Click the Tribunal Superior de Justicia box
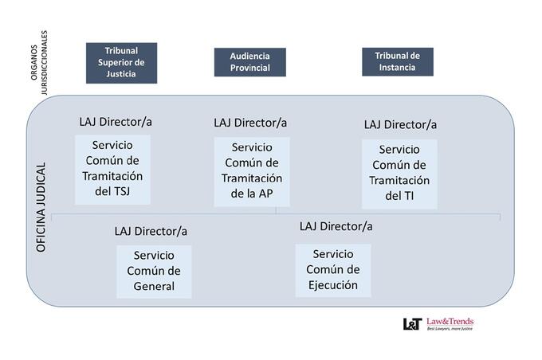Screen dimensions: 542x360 pyautogui.click(x=121, y=63)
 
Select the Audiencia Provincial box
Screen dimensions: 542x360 pyautogui.click(x=250, y=62)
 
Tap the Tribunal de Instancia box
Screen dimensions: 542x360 pyautogui.click(x=398, y=62)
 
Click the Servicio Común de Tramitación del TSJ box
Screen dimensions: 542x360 pyautogui.click(x=112, y=170)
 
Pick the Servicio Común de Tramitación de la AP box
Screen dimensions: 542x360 pyautogui.click(x=252, y=172)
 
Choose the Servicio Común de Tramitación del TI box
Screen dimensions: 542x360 pyautogui.click(x=399, y=174)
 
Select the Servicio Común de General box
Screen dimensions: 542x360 pyautogui.click(x=154, y=272)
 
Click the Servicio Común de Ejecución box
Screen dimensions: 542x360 pyautogui.click(x=333, y=271)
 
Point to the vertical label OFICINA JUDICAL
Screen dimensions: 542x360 pyautogui.click(x=41, y=207)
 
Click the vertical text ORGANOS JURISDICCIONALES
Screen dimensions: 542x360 pyautogui.click(x=39, y=63)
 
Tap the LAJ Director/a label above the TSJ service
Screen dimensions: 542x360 pyautogui.click(x=116, y=122)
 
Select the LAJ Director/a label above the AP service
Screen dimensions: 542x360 pyautogui.click(x=250, y=123)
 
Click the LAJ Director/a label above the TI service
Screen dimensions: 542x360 pyautogui.click(x=400, y=125)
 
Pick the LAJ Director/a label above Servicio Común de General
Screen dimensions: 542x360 pyautogui.click(x=151, y=231)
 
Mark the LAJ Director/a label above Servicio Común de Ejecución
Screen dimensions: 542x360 pyautogui.click(x=336, y=227)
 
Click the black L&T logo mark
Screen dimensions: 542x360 pyautogui.click(x=412, y=324)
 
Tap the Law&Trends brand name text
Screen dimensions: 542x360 pyautogui.click(x=450, y=322)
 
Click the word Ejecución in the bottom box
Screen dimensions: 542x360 pyautogui.click(x=333, y=285)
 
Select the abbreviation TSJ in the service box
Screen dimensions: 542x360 pyautogui.click(x=121, y=191)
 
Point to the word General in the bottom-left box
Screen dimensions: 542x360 pyautogui.click(x=154, y=287)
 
